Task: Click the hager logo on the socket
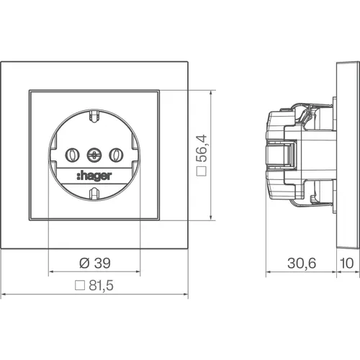coord(94,176)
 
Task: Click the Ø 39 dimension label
coord(95,263)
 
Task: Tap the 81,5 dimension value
coord(101,285)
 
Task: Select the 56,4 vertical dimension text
coord(201,148)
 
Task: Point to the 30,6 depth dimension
coord(302,263)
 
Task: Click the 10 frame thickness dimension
coord(347,263)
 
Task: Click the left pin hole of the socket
coord(72,155)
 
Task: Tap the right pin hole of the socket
coord(117,155)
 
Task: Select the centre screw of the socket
coord(94,155)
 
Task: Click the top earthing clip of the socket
coord(94,117)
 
